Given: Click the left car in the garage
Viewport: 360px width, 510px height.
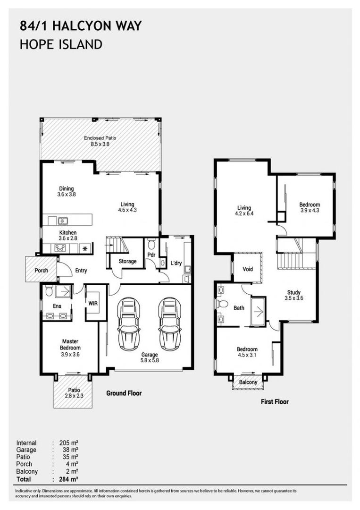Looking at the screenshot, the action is click(x=129, y=324).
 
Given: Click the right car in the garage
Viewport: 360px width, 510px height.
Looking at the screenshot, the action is click(x=169, y=324).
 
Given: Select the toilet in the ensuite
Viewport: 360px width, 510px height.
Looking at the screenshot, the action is click(x=49, y=291).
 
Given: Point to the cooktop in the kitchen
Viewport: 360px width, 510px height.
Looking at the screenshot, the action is click(x=60, y=248).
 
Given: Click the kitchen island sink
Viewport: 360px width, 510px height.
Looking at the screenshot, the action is click(x=63, y=221).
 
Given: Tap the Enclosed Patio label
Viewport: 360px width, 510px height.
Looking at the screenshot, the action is click(x=100, y=138).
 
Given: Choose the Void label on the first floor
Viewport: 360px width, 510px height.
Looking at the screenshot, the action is click(x=248, y=269).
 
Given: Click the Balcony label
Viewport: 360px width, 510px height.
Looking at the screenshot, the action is click(x=248, y=382).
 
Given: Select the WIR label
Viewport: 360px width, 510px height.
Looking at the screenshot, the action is click(x=93, y=304).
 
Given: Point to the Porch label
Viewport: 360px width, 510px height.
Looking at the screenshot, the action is click(x=41, y=270).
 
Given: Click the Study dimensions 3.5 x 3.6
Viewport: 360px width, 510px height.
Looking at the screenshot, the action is click(x=294, y=298).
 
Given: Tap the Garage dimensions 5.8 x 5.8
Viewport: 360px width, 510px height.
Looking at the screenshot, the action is click(x=150, y=360).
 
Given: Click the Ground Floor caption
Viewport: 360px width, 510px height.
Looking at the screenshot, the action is click(x=124, y=393).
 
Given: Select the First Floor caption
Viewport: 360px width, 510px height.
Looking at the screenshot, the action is click(x=275, y=402).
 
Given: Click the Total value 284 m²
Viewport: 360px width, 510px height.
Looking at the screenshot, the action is click(x=69, y=479).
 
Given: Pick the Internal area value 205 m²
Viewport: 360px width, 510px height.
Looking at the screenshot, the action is click(x=69, y=443).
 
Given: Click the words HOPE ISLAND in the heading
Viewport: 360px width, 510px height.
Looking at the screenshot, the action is click(x=61, y=44).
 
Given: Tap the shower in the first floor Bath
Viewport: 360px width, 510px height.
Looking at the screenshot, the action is click(x=258, y=312).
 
